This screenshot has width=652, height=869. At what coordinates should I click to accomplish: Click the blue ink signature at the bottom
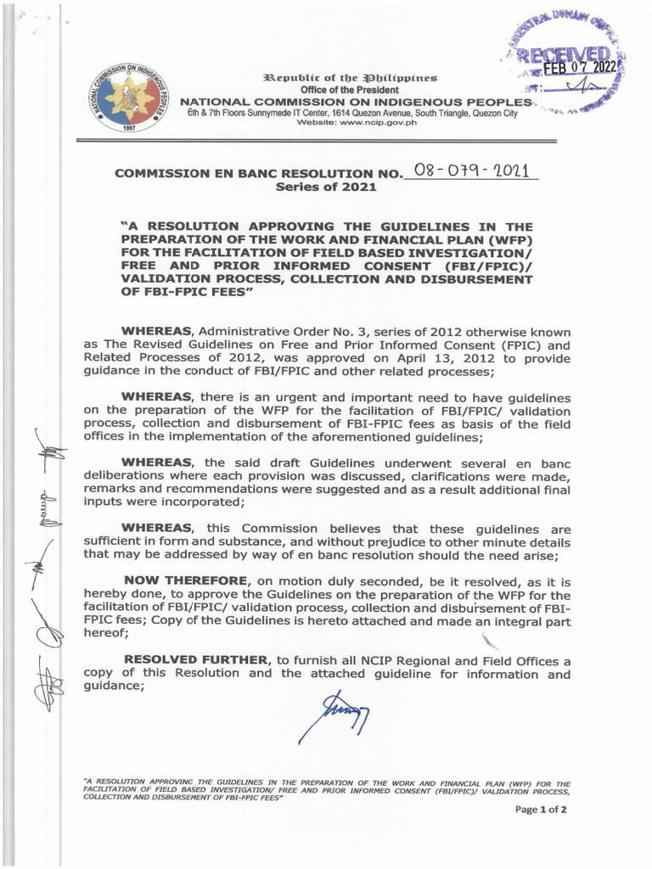click(334, 715)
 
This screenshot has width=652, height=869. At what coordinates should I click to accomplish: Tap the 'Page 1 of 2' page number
click(541, 810)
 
